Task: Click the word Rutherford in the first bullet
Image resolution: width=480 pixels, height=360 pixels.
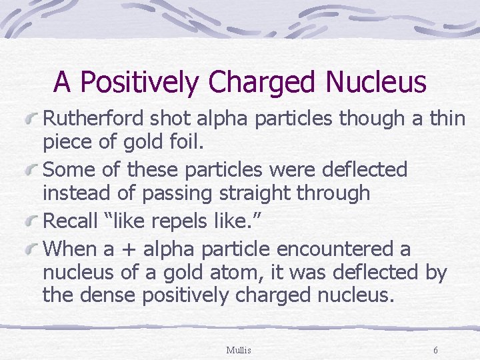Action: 93,118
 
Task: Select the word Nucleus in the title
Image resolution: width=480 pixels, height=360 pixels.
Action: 376,82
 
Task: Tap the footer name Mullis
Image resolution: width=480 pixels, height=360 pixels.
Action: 239,350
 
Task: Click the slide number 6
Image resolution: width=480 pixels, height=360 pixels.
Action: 435,350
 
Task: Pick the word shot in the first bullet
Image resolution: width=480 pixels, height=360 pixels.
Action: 171,118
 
